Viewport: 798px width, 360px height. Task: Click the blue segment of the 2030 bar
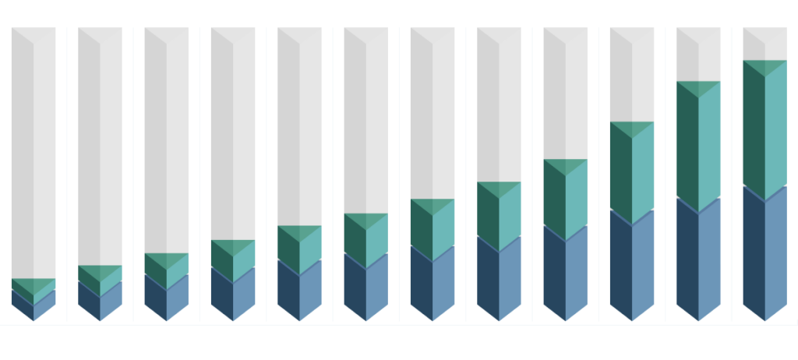point(764,257)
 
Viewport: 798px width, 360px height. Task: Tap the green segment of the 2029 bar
point(698,148)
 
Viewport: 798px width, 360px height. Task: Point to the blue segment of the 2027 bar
point(565,277)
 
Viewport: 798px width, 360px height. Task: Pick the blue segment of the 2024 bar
point(365,288)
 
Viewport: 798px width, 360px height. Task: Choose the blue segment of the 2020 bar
point(100,302)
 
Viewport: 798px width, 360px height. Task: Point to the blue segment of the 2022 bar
point(233,296)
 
